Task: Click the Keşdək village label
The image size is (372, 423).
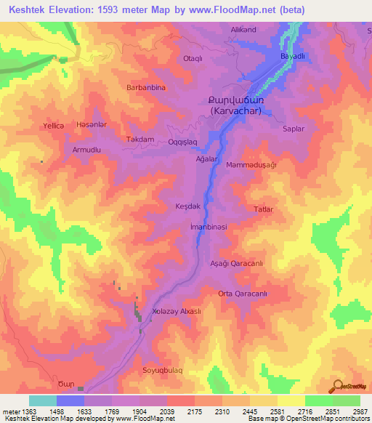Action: point(187,206)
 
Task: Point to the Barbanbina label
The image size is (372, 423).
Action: point(147,87)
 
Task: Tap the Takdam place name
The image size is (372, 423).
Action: point(140,139)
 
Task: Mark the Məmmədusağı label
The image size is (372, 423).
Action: point(251,165)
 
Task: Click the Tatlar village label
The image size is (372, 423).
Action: point(262,209)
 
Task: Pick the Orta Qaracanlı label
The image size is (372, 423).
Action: point(243,294)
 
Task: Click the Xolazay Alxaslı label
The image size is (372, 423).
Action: point(176,311)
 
